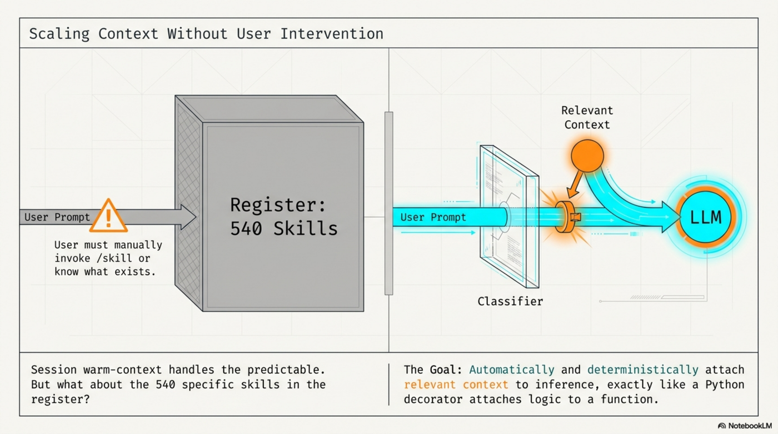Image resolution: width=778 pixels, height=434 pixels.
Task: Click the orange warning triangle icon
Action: [108, 217]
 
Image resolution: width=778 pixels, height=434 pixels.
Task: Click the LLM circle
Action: [706, 217]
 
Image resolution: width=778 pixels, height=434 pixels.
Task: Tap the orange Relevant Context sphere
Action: [587, 156]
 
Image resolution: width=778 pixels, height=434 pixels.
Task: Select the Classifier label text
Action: [510, 302]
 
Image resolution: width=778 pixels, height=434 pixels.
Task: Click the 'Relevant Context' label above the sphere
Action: [587, 117]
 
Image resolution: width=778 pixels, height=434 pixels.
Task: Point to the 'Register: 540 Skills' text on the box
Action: [283, 216]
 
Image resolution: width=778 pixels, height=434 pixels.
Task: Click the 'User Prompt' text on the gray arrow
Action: [57, 217]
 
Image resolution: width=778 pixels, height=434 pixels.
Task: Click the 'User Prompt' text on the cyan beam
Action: [433, 217]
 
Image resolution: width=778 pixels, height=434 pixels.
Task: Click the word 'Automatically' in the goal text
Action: [512, 370]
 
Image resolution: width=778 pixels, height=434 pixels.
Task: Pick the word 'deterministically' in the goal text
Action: [642, 370]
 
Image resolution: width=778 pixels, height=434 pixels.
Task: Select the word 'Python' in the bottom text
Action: [725, 385]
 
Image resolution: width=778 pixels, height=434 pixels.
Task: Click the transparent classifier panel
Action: [508, 217]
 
